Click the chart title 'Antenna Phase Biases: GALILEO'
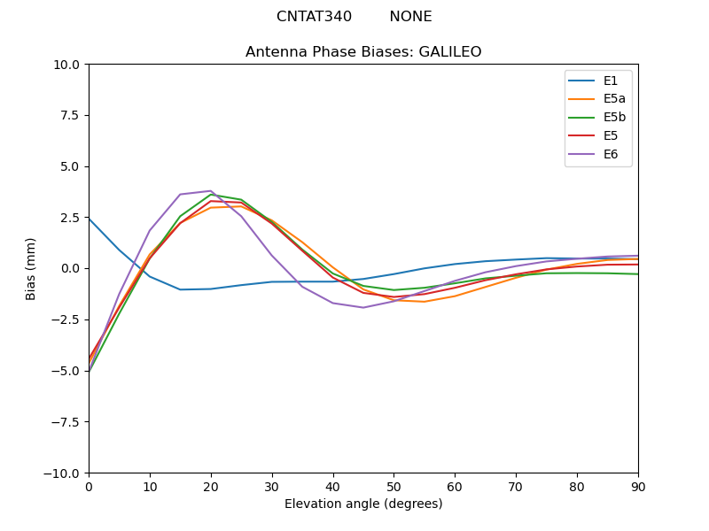363,52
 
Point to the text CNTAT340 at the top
314,17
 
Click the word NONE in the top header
410,17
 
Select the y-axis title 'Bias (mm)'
31,268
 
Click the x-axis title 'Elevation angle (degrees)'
363,504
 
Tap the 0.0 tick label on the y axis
70,268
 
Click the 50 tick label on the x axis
393,486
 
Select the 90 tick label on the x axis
638,486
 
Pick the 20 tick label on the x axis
211,486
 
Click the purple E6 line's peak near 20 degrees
210,191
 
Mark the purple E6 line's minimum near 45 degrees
363,307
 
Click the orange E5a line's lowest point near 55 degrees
425,302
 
